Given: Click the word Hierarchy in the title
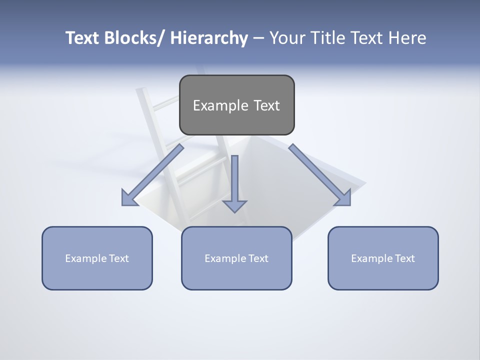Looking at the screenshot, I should tap(209, 38).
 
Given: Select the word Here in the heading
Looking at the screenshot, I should tap(407, 38).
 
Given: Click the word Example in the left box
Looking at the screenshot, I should tap(85, 258).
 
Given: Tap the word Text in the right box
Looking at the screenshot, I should tap(404, 258).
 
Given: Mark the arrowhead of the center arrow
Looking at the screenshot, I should tap(234, 205).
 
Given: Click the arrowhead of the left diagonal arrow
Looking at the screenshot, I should tap(129, 199).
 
